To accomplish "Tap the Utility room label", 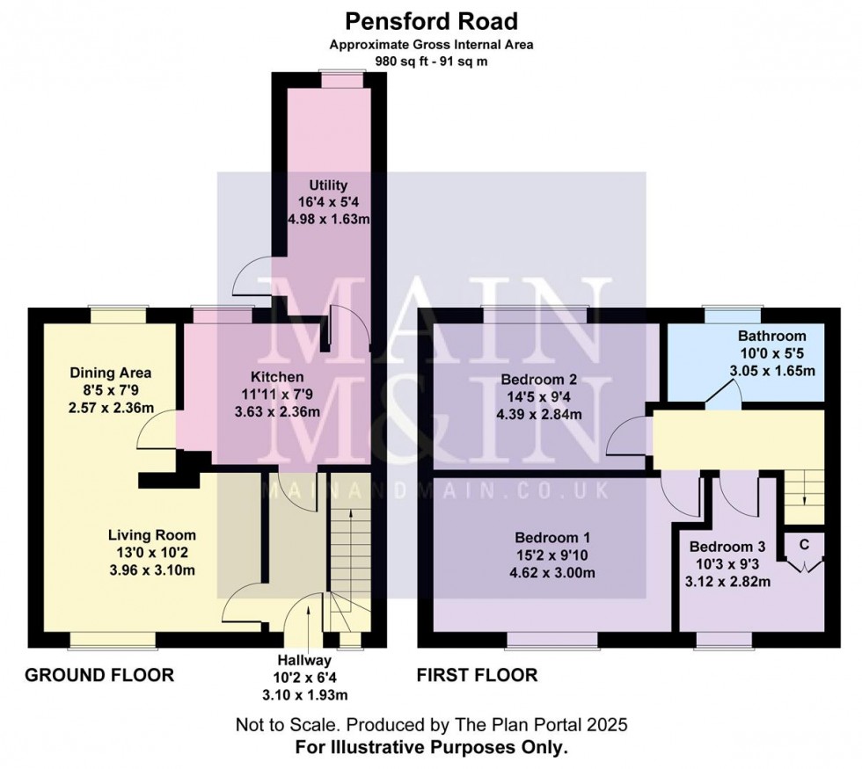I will [x=328, y=185].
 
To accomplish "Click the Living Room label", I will [x=151, y=534].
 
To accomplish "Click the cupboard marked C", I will [x=803, y=544].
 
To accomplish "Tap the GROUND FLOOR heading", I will [x=99, y=675].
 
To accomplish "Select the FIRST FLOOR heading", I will [x=476, y=675].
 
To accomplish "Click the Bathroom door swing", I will [x=724, y=397].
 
